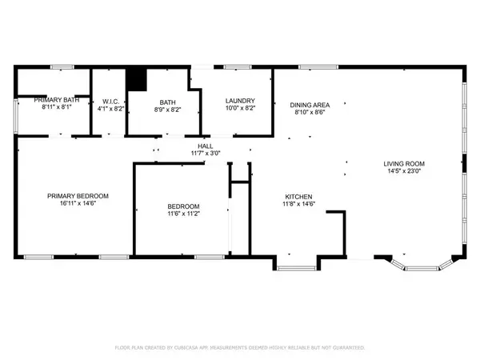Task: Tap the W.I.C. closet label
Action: [110, 102]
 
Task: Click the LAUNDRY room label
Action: [239, 101]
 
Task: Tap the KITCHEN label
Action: [298, 197]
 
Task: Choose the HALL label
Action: [205, 145]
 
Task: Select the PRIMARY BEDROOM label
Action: [78, 196]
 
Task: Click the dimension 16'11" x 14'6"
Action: [78, 203]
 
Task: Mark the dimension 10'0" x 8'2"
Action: [239, 108]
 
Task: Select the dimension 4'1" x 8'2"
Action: [110, 108]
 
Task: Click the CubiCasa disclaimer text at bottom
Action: [239, 348]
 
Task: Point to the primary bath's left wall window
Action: [18, 117]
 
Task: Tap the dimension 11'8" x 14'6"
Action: [298, 204]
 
